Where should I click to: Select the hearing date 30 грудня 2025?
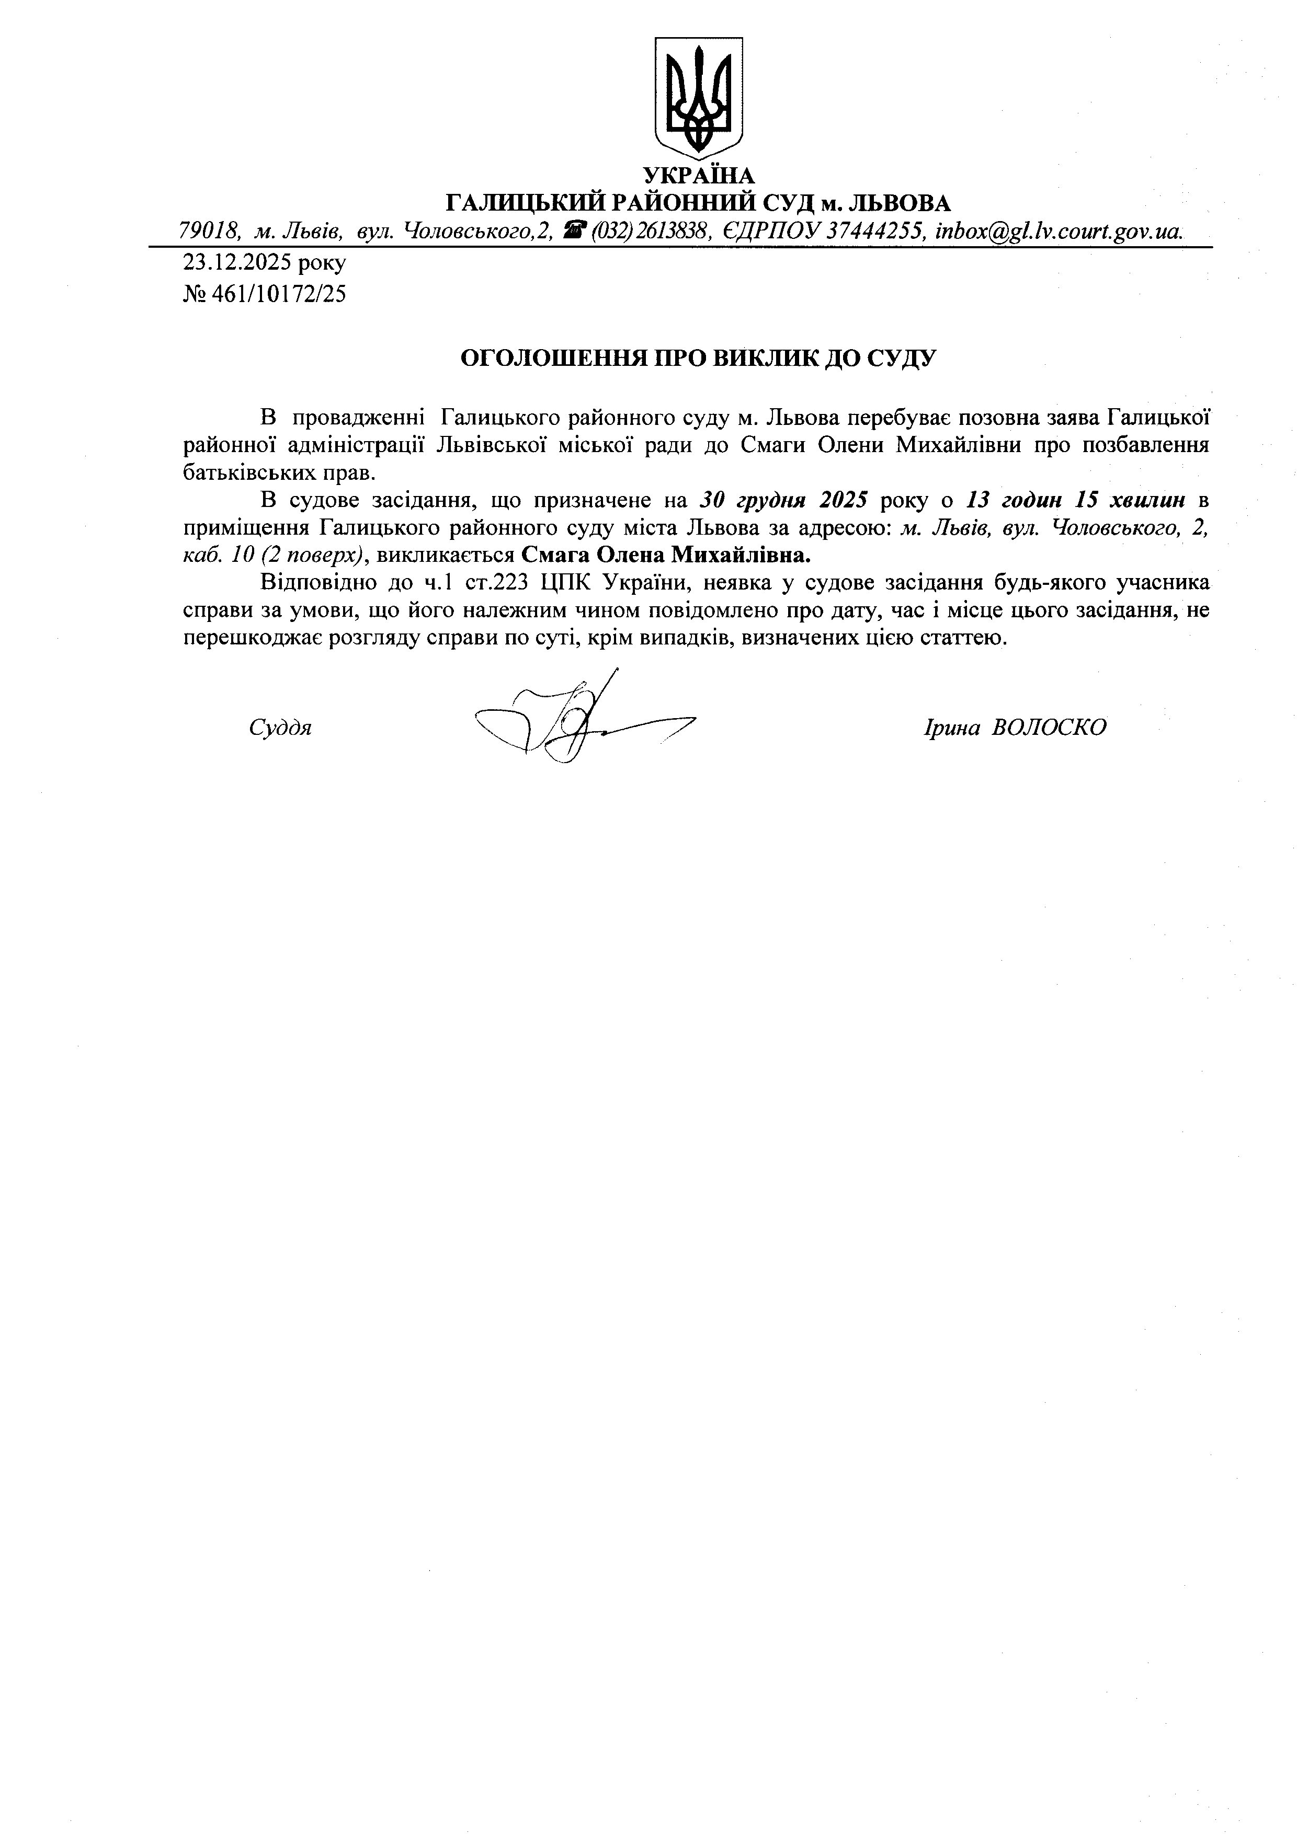click(x=783, y=501)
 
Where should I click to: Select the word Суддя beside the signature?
click(x=280, y=728)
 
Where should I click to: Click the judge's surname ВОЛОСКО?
click(x=1049, y=728)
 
